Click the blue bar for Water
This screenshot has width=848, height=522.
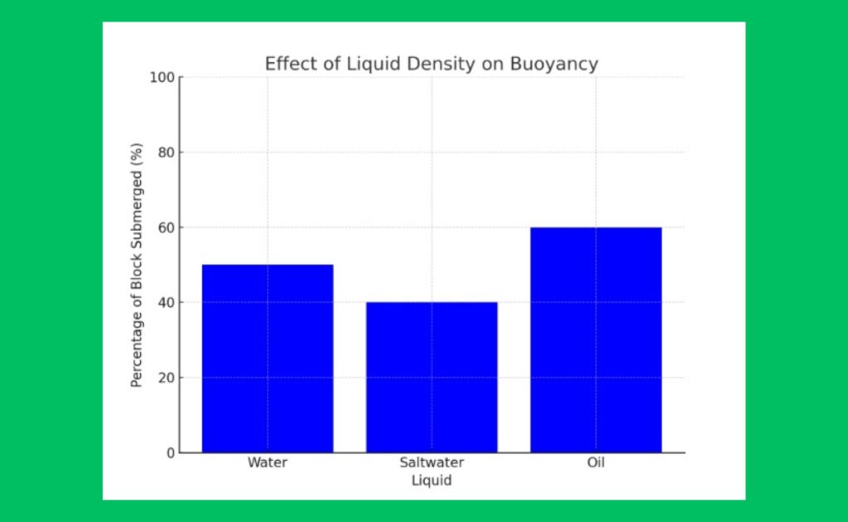click(267, 358)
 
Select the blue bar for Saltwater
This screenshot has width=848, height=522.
click(431, 377)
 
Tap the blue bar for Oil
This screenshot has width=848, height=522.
click(595, 340)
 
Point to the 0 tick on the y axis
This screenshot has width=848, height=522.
click(170, 453)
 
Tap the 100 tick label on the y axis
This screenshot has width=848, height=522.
click(162, 77)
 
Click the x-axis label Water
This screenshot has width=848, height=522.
click(267, 462)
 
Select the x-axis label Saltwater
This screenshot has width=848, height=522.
click(431, 462)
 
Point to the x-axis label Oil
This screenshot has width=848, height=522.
click(595, 462)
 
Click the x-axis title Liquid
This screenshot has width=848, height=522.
click(431, 480)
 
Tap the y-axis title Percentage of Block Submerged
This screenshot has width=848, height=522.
click(137, 265)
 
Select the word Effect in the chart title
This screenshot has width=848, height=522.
click(287, 64)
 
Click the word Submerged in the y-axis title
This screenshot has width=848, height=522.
click(137, 202)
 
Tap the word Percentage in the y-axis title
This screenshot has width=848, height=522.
click(137, 347)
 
